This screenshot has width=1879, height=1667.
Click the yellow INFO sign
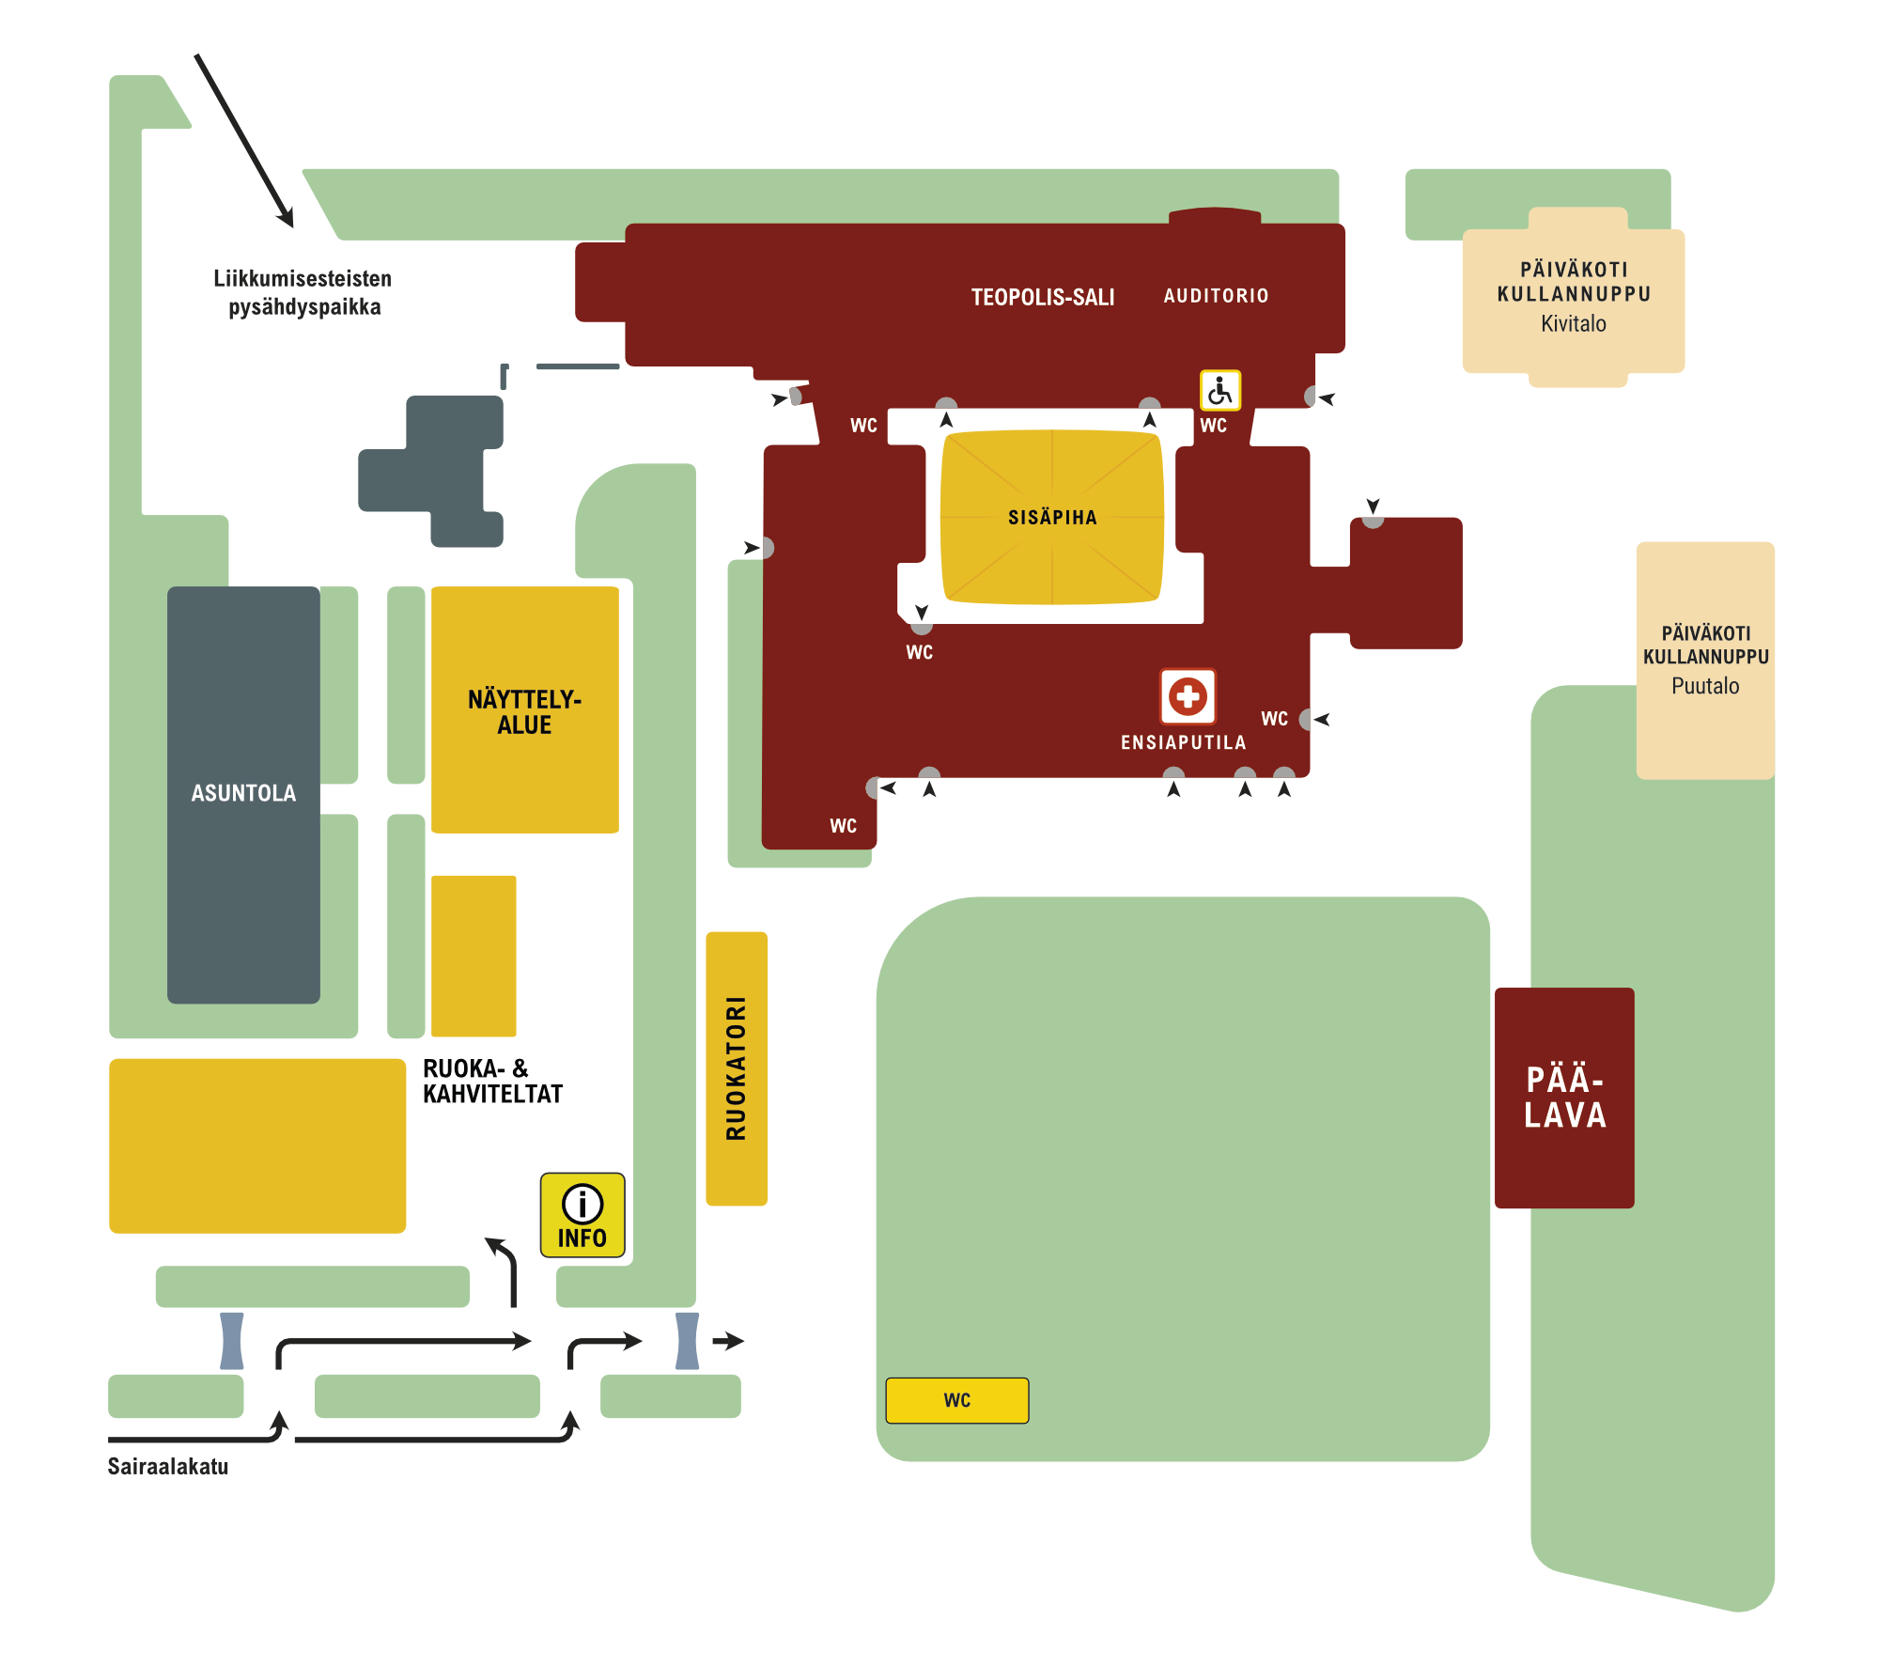pos(582,1214)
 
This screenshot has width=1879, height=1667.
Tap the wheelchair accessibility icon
pos(1219,390)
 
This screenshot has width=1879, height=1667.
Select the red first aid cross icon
pos(1188,696)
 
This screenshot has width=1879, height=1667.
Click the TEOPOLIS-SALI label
pos(1043,298)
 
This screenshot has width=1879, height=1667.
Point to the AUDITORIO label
pos(1216,296)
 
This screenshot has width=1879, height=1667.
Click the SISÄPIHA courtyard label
pos(1052,518)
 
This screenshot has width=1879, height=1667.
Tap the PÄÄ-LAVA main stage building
pos(1564,1098)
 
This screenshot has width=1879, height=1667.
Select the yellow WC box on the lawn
pos(956,1400)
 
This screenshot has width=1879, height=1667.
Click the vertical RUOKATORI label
pos(737,1068)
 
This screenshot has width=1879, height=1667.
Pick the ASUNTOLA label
pos(243,793)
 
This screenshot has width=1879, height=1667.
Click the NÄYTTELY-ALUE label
pos(524,712)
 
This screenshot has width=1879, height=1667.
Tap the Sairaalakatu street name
pos(168,1467)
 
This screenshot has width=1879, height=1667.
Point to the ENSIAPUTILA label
pos(1183,742)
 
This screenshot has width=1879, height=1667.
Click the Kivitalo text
pos(1573,324)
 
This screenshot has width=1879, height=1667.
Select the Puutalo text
pos(1704,686)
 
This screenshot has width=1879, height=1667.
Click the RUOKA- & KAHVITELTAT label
pos(492,1082)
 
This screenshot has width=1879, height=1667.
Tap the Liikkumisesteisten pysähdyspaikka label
pos(303,293)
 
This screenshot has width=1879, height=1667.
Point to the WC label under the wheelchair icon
pos(1213,426)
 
